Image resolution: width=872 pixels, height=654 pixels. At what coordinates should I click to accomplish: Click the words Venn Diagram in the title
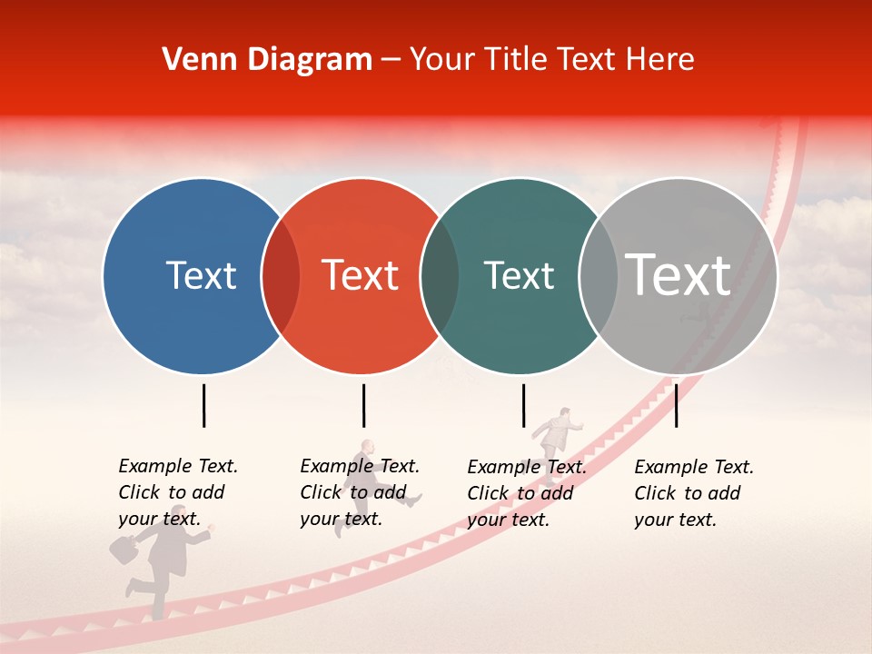[x=267, y=60]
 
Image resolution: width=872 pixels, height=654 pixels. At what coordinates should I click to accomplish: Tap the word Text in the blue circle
[x=201, y=275]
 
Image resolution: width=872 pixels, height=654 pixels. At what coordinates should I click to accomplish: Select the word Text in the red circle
[x=361, y=275]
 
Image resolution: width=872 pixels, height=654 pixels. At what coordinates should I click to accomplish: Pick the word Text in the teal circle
[x=519, y=275]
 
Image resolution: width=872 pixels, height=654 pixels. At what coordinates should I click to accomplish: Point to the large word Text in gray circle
[x=679, y=274]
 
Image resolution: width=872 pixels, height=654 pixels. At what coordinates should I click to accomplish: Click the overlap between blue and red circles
[x=281, y=276]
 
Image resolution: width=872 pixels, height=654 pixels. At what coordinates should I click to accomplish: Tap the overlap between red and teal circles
[x=440, y=276]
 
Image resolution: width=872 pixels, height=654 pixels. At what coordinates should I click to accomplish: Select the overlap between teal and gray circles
[x=598, y=276]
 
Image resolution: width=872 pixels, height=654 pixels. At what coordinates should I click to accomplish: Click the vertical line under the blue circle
[x=203, y=405]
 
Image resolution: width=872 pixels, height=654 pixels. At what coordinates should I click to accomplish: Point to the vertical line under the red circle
[x=363, y=405]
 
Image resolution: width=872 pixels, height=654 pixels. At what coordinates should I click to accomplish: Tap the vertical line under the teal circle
[x=523, y=405]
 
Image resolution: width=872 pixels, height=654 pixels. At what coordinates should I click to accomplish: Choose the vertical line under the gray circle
[x=676, y=405]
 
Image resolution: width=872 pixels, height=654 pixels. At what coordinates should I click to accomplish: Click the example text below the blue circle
[x=178, y=492]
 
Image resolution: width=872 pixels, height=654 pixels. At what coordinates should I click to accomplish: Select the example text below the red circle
[x=360, y=492]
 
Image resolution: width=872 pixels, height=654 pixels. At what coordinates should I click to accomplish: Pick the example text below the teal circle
[x=527, y=493]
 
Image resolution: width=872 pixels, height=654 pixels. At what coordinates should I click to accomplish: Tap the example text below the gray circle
[x=694, y=493]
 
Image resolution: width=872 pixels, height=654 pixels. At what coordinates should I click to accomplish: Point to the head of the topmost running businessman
[x=564, y=414]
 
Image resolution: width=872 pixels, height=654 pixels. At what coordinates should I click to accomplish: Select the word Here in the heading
[x=660, y=60]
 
